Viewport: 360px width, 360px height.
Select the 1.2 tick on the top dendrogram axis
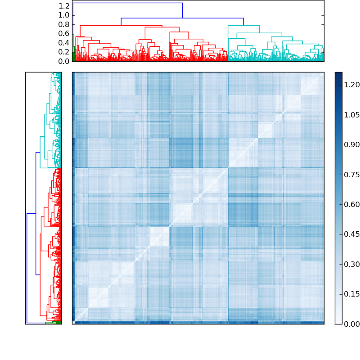coord(64,6)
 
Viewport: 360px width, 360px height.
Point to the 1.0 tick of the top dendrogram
coord(64,15)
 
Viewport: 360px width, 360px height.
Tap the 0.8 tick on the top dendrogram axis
coord(64,24)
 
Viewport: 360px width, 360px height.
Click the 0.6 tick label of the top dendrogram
coord(64,33)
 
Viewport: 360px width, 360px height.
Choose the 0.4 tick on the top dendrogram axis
coord(64,43)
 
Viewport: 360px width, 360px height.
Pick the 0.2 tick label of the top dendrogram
coord(64,52)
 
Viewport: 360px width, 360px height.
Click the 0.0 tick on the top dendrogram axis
coord(64,61)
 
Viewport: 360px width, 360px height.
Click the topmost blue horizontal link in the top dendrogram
coord(127,3)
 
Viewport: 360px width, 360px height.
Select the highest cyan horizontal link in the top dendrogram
coord(243,25)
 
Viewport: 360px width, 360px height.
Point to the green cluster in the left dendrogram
coord(56,322)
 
